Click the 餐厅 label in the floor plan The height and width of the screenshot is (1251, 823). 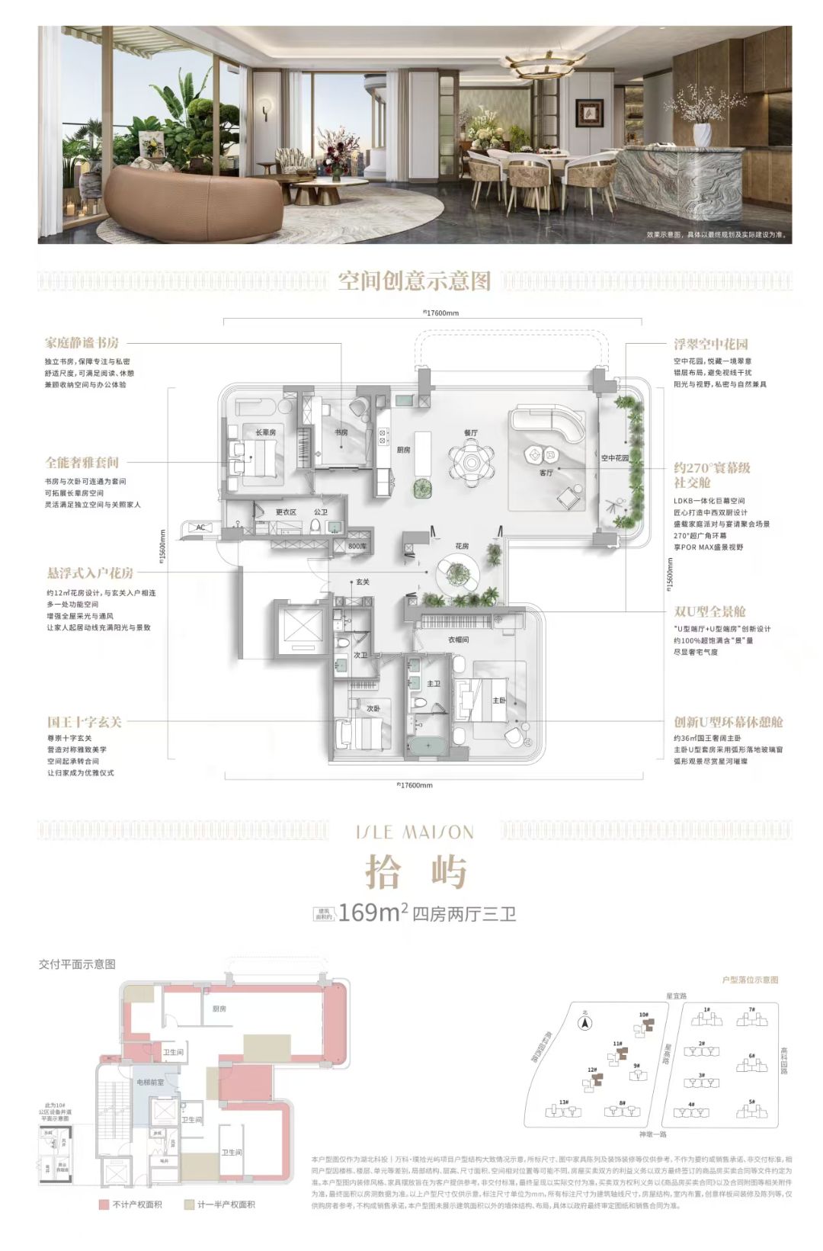pyautogui.click(x=470, y=432)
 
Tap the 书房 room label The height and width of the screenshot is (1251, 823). pyautogui.click(x=341, y=432)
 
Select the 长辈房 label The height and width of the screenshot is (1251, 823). pyautogui.click(x=265, y=432)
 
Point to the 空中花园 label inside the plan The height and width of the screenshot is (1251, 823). pyautogui.click(x=614, y=458)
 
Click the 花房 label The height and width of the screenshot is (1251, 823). pyautogui.click(x=461, y=546)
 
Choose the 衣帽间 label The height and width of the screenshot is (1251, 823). pyautogui.click(x=458, y=640)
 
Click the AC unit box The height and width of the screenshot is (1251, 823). pyautogui.click(x=200, y=528)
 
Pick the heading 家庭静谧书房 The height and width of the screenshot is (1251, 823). pyautogui.click(x=82, y=343)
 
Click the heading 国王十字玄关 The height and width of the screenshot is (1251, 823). pyautogui.click(x=84, y=722)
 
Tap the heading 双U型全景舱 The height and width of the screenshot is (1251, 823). pyautogui.click(x=709, y=611)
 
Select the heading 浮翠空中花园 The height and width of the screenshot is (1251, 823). pyautogui.click(x=710, y=344)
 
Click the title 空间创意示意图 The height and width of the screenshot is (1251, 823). pyautogui.click(x=415, y=281)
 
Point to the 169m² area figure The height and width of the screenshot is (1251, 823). pyautogui.click(x=373, y=912)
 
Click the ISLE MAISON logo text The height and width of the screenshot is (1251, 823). pyautogui.click(x=415, y=832)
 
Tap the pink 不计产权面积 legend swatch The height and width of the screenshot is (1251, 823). pyautogui.click(x=104, y=1204)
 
